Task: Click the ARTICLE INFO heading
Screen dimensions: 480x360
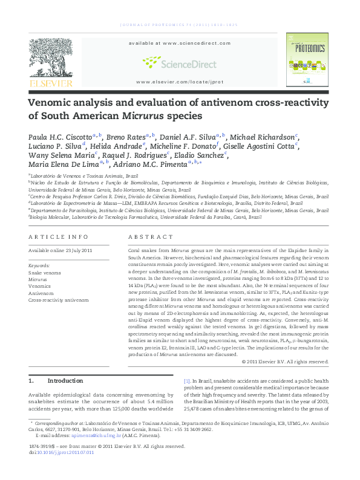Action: tap(59, 237)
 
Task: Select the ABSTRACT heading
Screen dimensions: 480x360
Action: tap(147, 237)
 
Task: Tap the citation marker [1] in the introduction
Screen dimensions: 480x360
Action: tap(187, 381)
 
